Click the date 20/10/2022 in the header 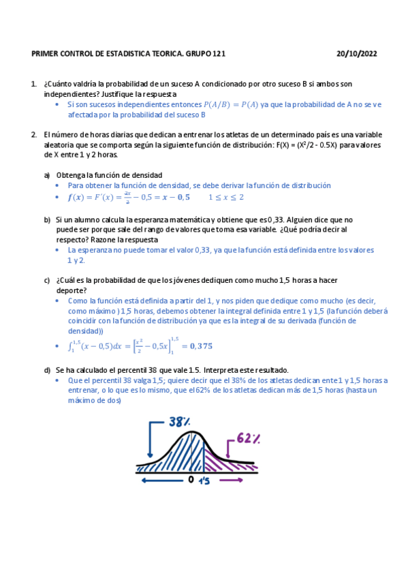point(357,53)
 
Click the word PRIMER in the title point(46,53)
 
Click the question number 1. point(33,84)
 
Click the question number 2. point(33,134)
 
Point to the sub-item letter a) point(47,175)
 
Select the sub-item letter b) point(47,219)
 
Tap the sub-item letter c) point(47,280)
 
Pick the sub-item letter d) point(47,370)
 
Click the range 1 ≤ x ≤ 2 point(225,198)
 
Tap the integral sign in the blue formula point(70,346)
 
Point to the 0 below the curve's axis point(191,480)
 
